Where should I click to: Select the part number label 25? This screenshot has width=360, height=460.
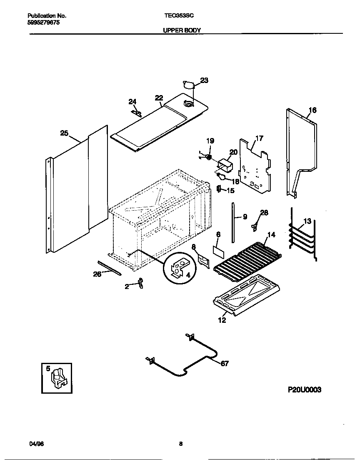[x=64, y=133]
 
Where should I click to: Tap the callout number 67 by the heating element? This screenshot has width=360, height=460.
[x=224, y=364]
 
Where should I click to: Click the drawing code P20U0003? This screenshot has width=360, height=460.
[x=305, y=390]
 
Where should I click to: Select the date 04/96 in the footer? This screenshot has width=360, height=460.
[x=37, y=444]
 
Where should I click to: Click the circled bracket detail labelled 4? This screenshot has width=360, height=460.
[x=179, y=267]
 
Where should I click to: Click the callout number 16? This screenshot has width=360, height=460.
[x=312, y=111]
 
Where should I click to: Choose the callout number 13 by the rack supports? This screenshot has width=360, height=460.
[x=307, y=221]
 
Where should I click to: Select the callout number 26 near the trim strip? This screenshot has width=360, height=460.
[x=97, y=274]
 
